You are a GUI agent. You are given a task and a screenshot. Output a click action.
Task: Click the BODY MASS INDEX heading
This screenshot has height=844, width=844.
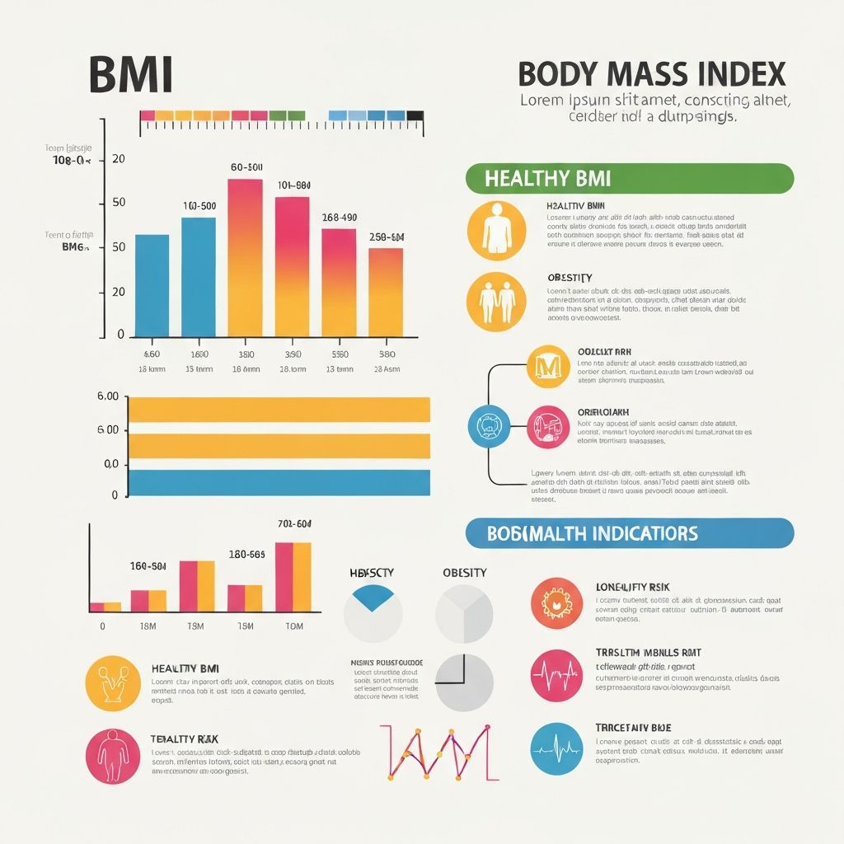click(651, 75)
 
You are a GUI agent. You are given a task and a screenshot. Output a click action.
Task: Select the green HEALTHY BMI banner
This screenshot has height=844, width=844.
click(629, 178)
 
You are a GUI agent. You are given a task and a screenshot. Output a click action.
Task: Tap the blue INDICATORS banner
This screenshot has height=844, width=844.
click(629, 533)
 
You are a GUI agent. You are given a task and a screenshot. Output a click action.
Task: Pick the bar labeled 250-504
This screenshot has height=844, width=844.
click(386, 292)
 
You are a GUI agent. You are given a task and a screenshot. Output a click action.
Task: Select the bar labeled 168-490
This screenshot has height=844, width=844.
click(339, 282)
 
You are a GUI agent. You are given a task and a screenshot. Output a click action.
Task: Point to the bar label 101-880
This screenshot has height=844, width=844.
click(293, 185)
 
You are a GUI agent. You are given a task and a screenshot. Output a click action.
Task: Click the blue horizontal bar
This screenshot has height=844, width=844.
click(279, 482)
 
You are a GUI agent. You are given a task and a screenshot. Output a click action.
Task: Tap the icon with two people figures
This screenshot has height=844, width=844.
click(495, 302)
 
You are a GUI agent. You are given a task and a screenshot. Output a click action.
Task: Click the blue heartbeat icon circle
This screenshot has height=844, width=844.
click(557, 748)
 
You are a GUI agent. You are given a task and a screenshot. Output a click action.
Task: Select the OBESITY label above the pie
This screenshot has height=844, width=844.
click(465, 573)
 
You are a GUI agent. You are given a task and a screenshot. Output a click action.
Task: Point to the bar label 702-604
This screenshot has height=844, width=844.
click(294, 523)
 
